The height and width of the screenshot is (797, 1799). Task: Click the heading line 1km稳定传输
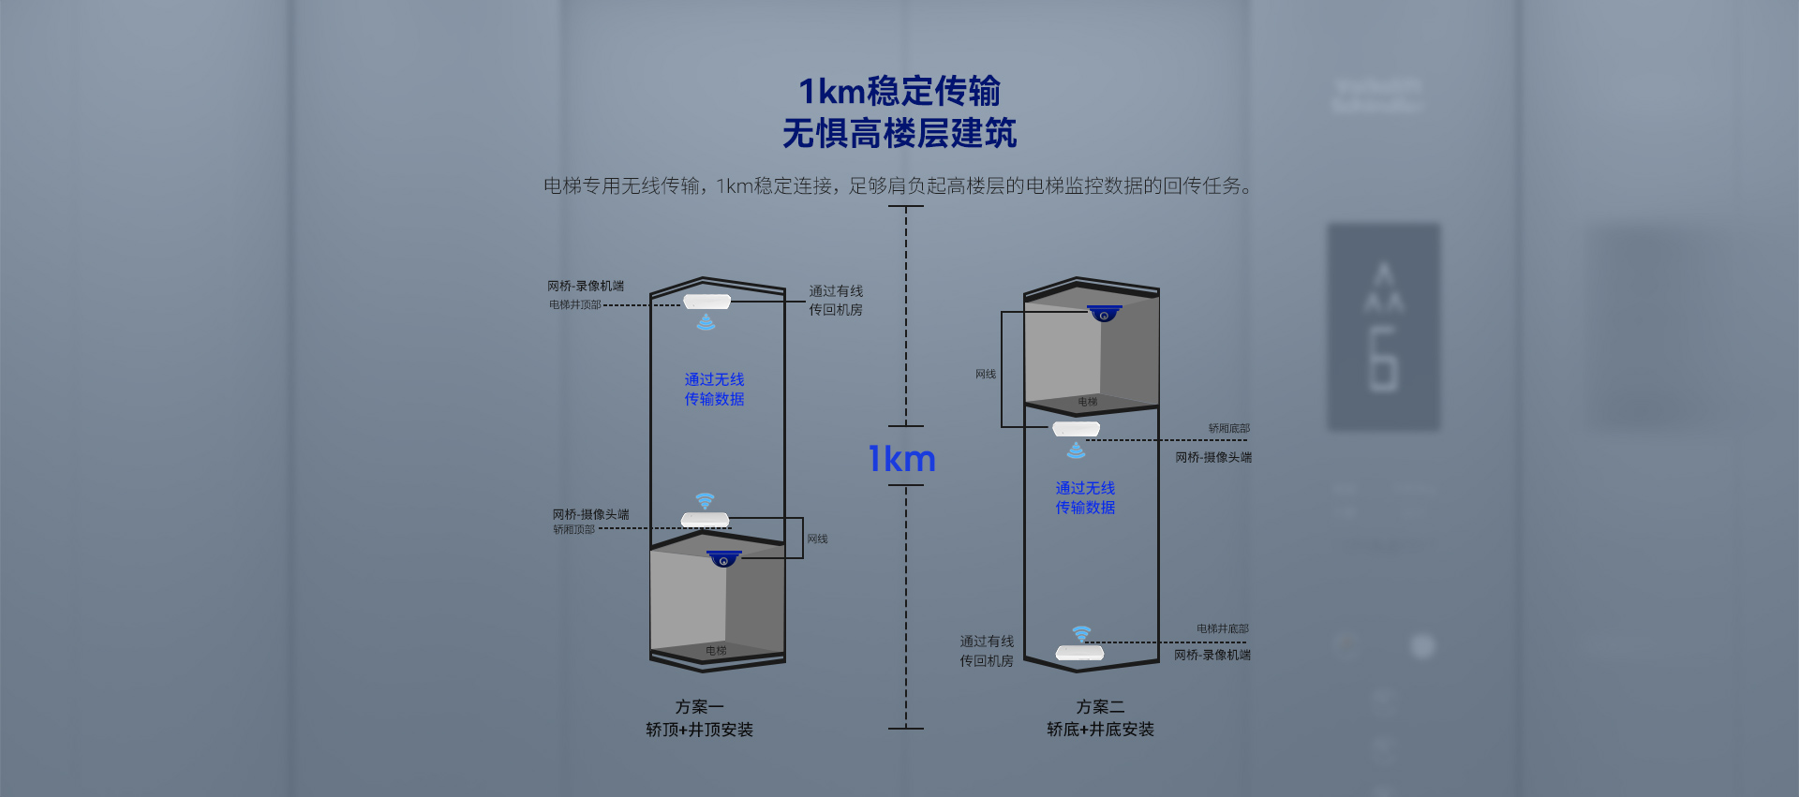click(x=899, y=91)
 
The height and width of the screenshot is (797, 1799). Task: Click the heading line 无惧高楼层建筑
click(x=899, y=133)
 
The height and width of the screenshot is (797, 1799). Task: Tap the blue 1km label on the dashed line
click(x=901, y=458)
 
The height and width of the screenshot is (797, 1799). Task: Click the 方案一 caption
click(x=699, y=706)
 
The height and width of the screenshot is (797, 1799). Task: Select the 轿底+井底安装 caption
click(x=1100, y=729)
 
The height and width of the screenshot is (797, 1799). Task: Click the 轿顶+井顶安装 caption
click(x=699, y=729)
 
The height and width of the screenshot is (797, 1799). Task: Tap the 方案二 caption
click(x=1100, y=706)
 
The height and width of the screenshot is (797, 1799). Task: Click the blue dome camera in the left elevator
click(x=723, y=558)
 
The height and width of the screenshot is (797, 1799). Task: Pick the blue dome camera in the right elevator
click(x=1104, y=313)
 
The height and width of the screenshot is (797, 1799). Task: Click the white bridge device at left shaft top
click(x=706, y=302)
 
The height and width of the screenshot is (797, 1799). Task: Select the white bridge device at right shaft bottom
click(x=1079, y=653)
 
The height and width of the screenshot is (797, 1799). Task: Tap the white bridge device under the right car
click(x=1076, y=429)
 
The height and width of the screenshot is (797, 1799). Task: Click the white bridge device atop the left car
click(x=705, y=520)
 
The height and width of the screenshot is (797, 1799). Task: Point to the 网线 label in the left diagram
click(x=817, y=539)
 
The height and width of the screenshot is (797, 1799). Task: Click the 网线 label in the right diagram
click(x=986, y=374)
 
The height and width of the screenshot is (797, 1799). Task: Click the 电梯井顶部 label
click(x=574, y=304)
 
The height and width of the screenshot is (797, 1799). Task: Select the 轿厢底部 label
click(x=1228, y=428)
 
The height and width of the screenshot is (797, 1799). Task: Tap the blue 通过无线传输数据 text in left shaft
click(x=714, y=389)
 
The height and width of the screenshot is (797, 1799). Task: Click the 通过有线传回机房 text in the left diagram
click(x=836, y=300)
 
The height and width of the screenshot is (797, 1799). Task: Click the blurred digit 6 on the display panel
click(x=1383, y=358)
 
